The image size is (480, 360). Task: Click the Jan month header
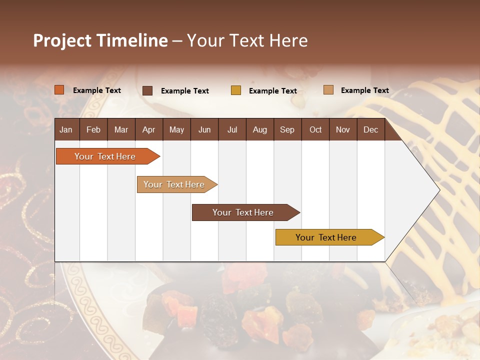click(66, 130)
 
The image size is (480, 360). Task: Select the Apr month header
click(148, 130)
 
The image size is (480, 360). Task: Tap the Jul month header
click(232, 130)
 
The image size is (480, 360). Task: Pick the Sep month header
click(287, 130)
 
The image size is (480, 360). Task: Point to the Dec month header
click(370, 130)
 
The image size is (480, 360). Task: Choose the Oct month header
click(315, 130)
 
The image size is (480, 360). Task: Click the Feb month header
click(93, 130)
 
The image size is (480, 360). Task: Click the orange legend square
click(59, 90)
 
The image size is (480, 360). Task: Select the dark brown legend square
click(147, 90)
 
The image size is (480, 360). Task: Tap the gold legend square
click(236, 90)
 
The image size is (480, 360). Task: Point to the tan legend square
click(328, 90)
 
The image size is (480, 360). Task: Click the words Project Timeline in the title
click(100, 40)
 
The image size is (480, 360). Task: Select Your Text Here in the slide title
click(247, 40)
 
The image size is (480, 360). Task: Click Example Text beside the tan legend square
click(364, 90)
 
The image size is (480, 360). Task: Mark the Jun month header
click(204, 130)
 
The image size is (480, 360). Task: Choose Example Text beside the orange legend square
click(97, 90)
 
